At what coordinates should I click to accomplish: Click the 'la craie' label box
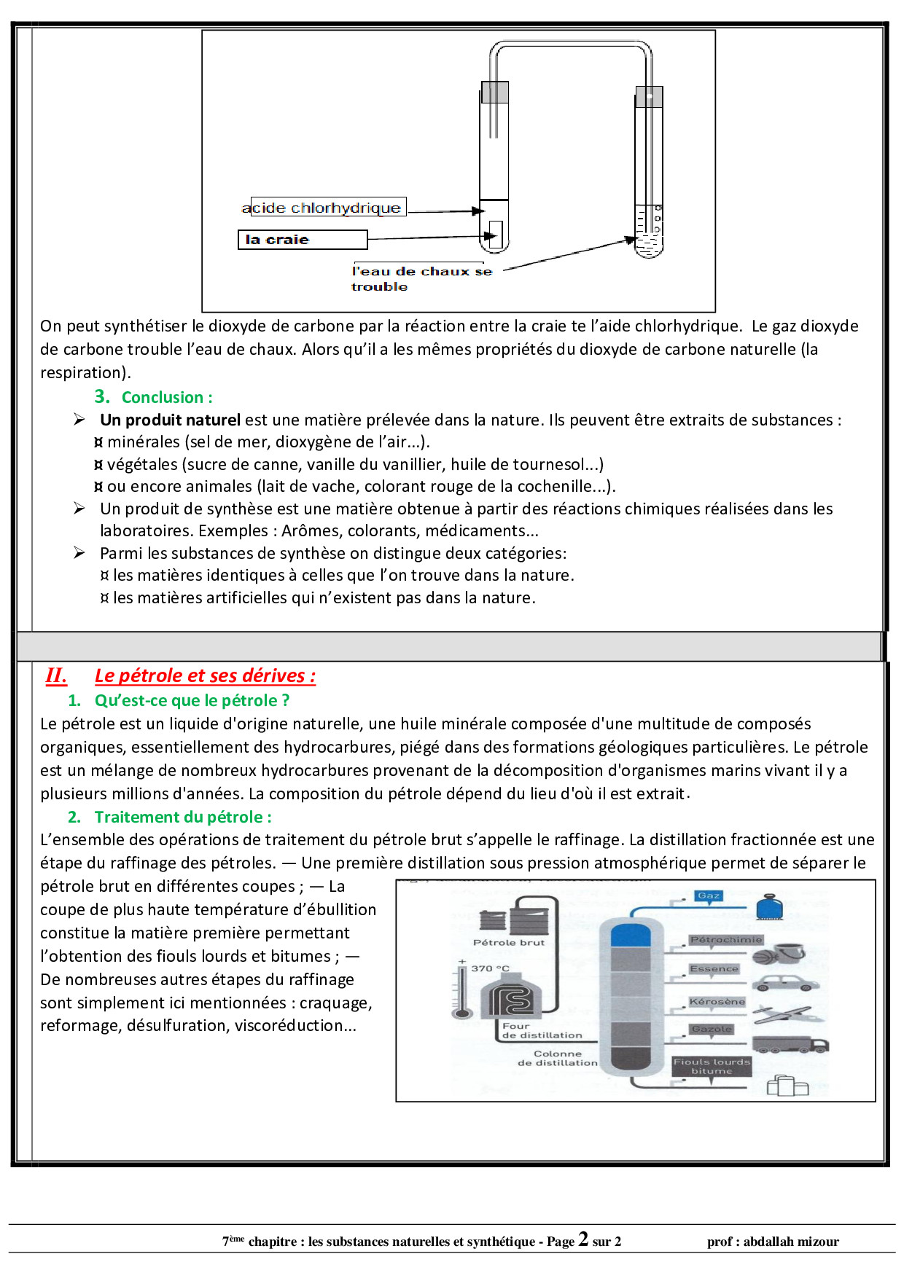302,240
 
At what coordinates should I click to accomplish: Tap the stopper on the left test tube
494,93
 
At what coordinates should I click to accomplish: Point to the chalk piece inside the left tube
495,234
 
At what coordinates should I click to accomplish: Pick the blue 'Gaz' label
709,896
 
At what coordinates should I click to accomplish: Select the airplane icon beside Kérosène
782,1014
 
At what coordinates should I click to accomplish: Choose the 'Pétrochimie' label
725,940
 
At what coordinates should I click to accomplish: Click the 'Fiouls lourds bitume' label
711,1067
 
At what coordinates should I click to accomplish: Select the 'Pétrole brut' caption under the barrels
508,942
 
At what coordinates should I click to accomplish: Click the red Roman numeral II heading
56,675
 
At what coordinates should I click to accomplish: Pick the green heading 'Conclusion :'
167,397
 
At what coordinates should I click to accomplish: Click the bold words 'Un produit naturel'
170,420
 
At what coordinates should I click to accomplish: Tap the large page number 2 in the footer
583,1239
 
